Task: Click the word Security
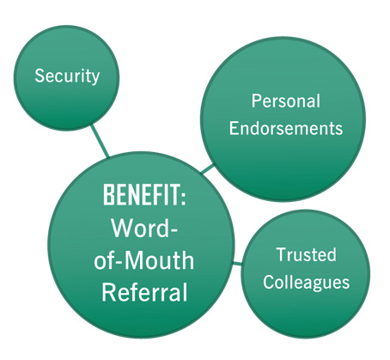(67, 76)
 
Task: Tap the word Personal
(286, 101)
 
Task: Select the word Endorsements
(286, 128)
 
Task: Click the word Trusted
(306, 254)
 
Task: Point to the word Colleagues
(306, 283)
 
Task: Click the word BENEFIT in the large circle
(141, 195)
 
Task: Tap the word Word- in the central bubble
(144, 228)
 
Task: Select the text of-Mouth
(144, 260)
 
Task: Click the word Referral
(144, 292)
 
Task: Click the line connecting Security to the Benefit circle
(100, 141)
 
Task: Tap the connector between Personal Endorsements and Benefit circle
(207, 168)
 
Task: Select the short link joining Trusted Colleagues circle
(237, 263)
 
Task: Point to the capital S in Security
(40, 76)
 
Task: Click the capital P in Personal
(256, 101)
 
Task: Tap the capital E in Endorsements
(234, 128)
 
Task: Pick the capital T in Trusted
(282, 254)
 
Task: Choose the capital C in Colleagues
(269, 282)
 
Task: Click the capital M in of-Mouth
(136, 260)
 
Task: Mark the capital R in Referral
(108, 292)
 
